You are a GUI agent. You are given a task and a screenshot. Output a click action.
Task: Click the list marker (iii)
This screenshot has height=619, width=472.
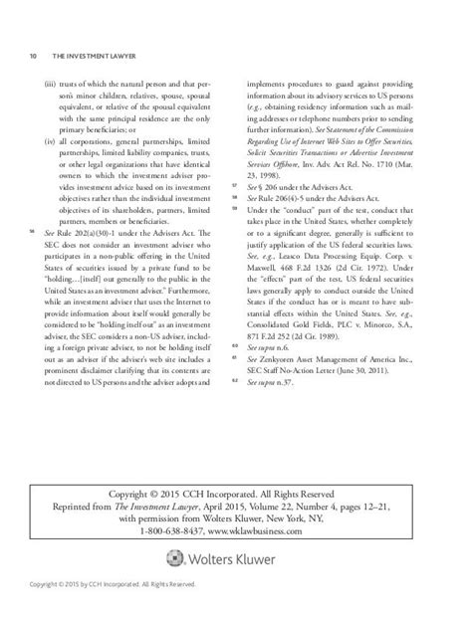52,87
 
